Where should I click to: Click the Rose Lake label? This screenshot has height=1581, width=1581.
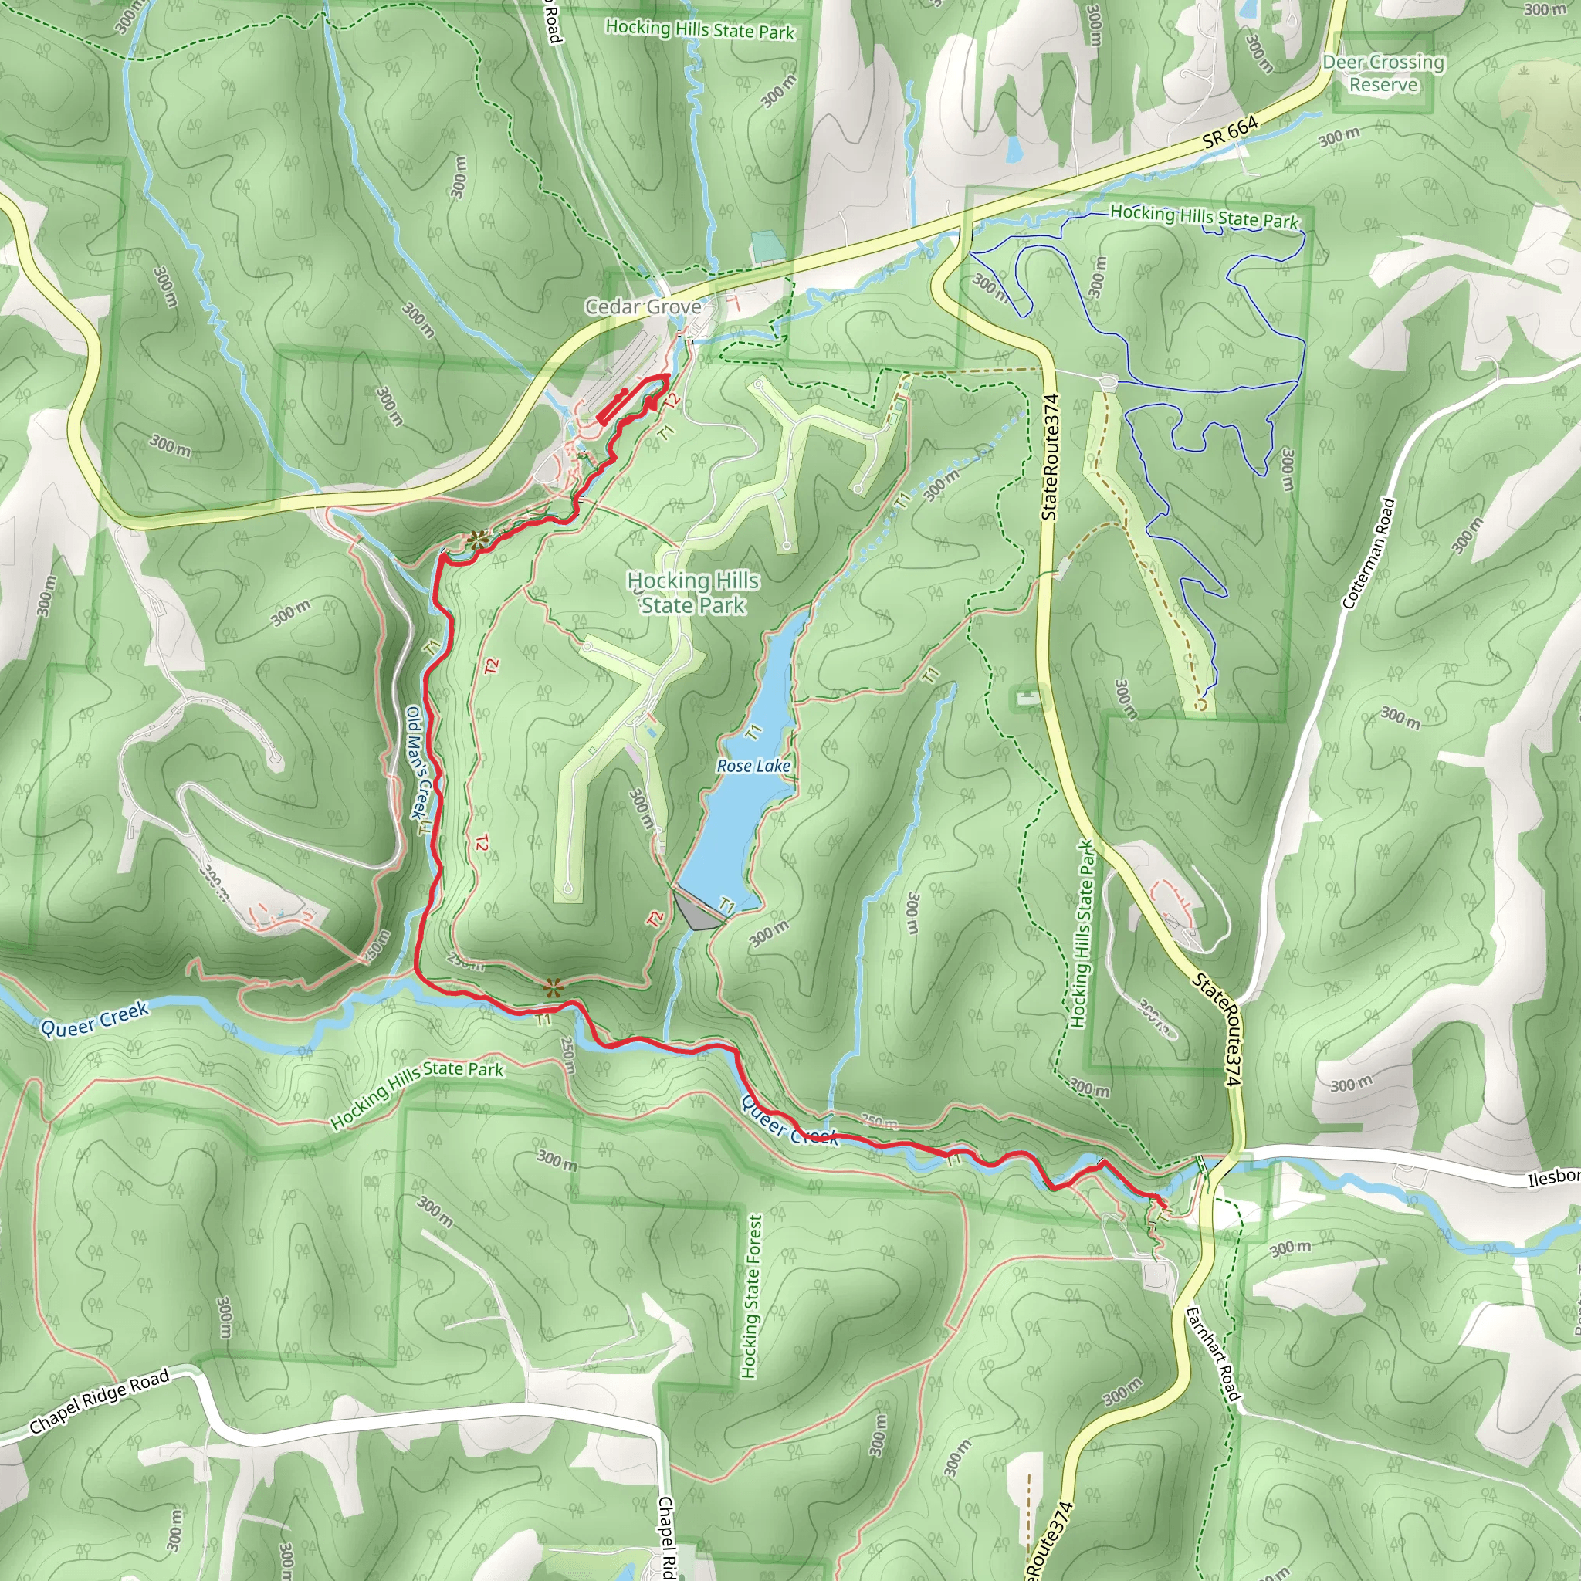753,766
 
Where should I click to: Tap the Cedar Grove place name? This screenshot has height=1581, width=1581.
642,307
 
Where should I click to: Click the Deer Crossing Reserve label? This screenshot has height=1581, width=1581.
1383,73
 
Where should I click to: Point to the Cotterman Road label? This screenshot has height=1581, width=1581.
1367,554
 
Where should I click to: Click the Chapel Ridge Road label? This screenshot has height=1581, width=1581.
99,1401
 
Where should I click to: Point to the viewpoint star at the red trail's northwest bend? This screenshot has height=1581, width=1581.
476,540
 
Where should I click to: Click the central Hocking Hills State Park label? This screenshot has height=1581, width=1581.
694,592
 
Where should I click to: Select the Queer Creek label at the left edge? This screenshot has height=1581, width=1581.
95,1019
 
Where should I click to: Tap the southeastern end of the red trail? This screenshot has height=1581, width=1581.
1163,1203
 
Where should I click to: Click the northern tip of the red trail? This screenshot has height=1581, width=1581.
667,377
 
